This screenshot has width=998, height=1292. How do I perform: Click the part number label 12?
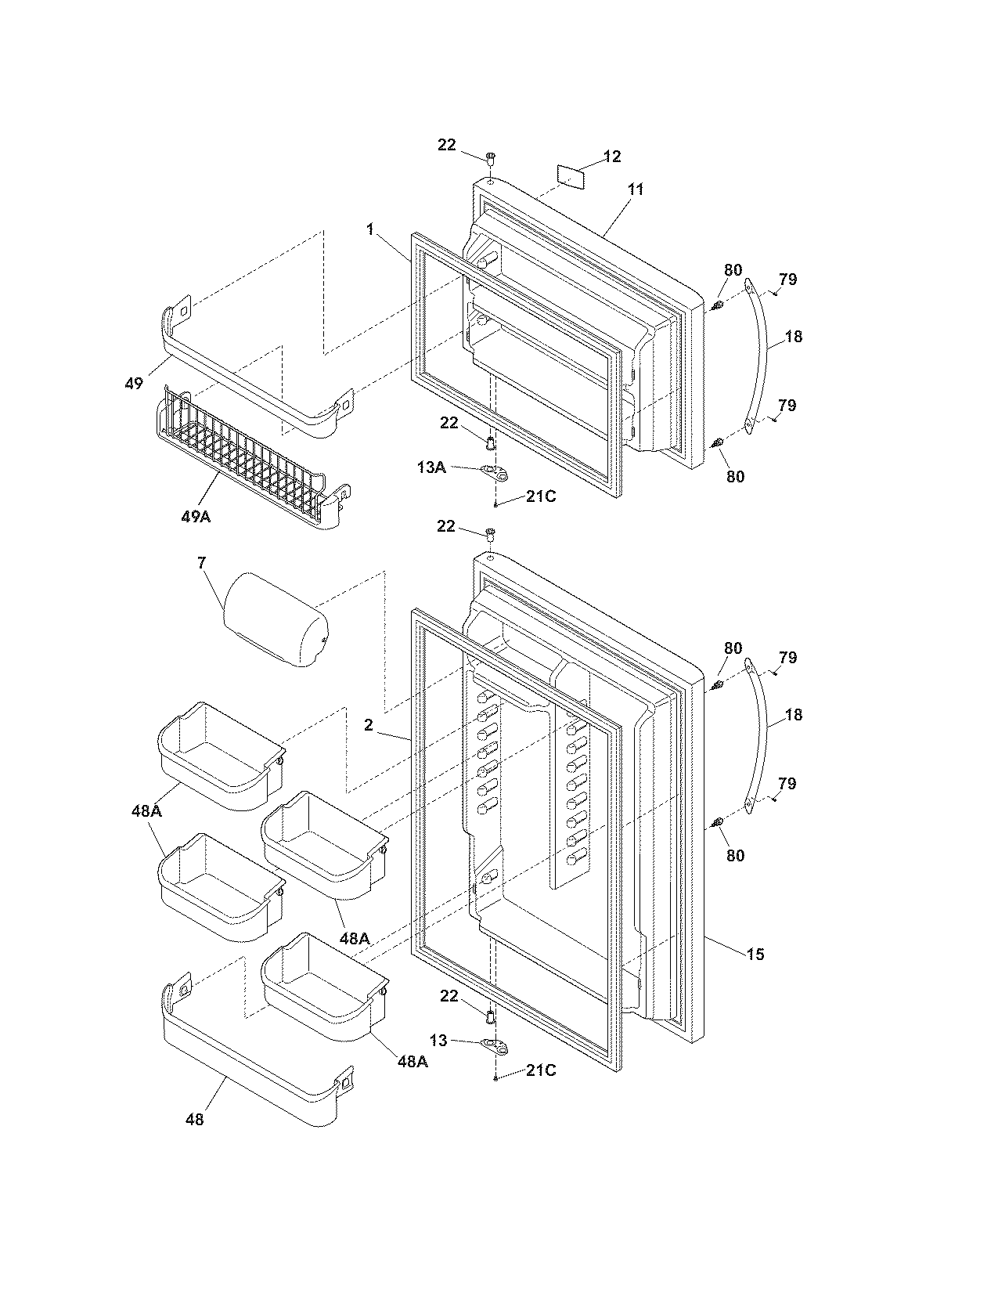pyautogui.click(x=612, y=157)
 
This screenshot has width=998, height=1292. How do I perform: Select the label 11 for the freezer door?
pyautogui.click(x=636, y=189)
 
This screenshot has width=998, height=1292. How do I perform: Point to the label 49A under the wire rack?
pyautogui.click(x=195, y=517)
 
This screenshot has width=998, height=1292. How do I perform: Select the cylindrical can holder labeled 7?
pyautogui.click(x=276, y=619)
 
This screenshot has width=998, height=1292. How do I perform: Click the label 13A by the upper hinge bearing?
pyautogui.click(x=431, y=467)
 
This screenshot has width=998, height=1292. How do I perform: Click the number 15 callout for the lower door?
pyautogui.click(x=755, y=954)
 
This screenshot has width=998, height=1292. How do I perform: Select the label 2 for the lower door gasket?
pyautogui.click(x=368, y=725)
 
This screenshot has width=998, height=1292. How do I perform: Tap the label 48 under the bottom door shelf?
pyautogui.click(x=194, y=1120)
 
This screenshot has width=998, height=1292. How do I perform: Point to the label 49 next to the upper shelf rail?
pyautogui.click(x=134, y=383)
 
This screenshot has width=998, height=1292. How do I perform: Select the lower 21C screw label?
pyautogui.click(x=540, y=1070)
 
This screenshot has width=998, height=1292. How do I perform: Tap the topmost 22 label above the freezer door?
pyautogui.click(x=446, y=145)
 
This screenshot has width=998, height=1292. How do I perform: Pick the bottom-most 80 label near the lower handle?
pyautogui.click(x=735, y=855)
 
